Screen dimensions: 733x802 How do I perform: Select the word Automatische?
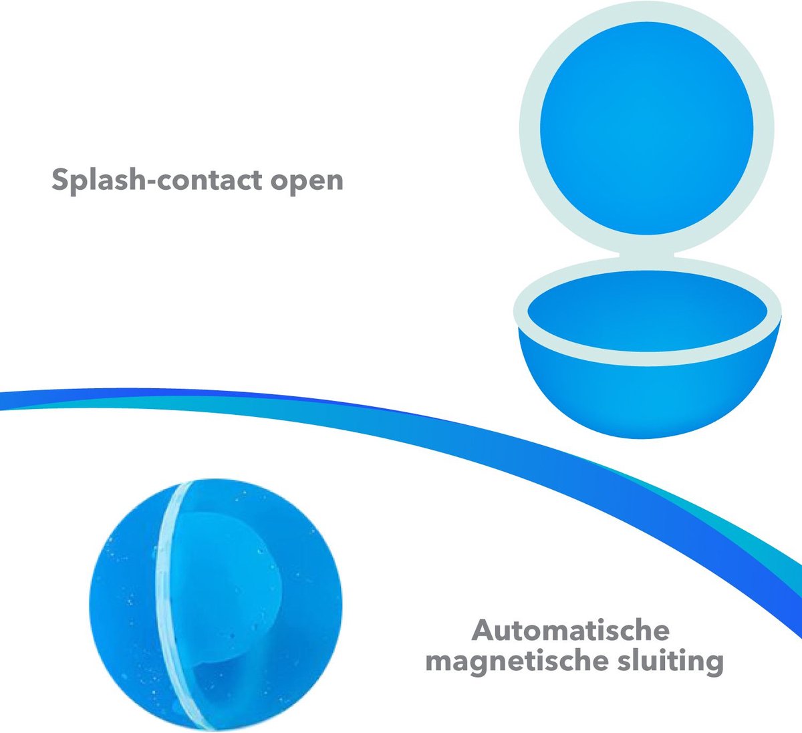tap(571, 630)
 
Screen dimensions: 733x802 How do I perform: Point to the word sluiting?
tap(668, 662)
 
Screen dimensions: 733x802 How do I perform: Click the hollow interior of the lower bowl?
tap(646, 311)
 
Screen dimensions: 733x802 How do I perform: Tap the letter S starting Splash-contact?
tap(61, 180)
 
